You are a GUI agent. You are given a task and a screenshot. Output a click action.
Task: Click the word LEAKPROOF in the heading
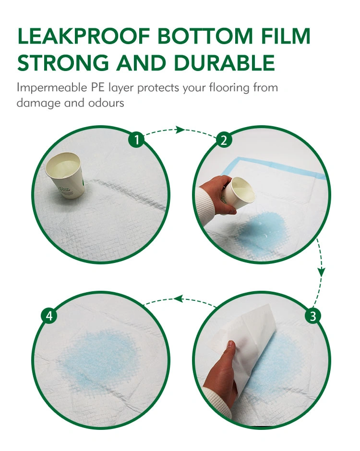[x=84, y=36]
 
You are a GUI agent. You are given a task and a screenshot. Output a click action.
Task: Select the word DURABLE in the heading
[x=225, y=62]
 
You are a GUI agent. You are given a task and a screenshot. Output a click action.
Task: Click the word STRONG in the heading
[x=63, y=62]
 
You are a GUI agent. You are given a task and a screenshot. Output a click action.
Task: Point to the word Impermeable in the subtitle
[x=52, y=88]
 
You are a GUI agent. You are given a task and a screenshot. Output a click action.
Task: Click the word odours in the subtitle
[x=106, y=103]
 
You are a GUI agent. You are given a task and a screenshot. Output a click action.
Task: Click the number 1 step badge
[x=137, y=140]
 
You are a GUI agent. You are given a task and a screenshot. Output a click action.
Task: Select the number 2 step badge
[x=224, y=140]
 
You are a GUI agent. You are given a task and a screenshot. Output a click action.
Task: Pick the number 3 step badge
[x=313, y=316]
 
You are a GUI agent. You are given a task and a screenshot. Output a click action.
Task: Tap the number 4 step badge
[x=49, y=316]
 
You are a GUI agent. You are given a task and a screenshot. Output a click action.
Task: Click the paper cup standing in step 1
[x=65, y=175]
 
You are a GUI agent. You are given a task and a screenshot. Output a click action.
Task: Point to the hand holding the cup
[x=217, y=194]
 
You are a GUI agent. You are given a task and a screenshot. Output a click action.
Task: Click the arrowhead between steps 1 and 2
[x=180, y=130]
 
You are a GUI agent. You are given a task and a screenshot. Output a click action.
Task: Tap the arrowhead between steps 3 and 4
[x=179, y=298]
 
